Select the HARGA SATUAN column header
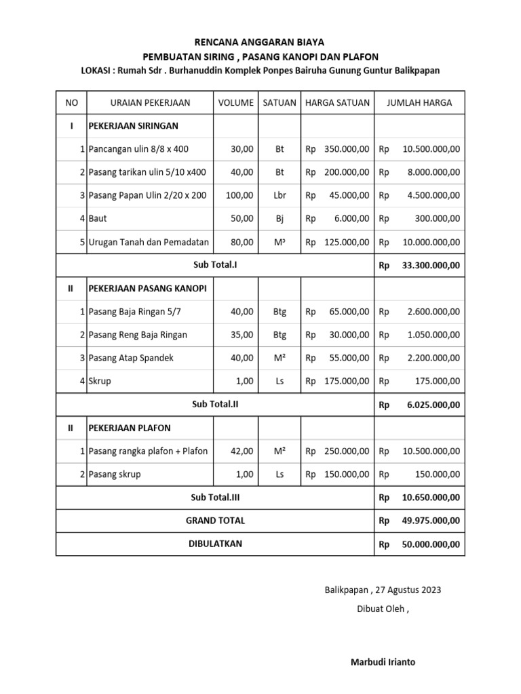point(337,103)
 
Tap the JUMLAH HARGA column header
point(419,103)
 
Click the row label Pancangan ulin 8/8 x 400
point(138,149)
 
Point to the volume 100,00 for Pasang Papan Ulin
point(239,195)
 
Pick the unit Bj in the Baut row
point(279,218)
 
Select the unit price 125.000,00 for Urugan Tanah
point(345,241)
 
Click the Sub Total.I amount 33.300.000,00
point(431,265)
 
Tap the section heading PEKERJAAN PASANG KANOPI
point(147,288)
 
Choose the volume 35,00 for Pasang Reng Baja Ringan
point(242,335)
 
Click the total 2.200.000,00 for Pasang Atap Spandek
point(433,358)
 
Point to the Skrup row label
point(100,381)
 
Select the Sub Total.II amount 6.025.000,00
point(433,405)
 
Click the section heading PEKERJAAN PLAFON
point(130,428)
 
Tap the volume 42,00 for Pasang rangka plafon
point(242,451)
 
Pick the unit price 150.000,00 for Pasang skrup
point(345,474)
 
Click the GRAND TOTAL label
point(215,520)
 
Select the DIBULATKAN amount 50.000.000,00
point(431,544)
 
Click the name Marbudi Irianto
point(383,662)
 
